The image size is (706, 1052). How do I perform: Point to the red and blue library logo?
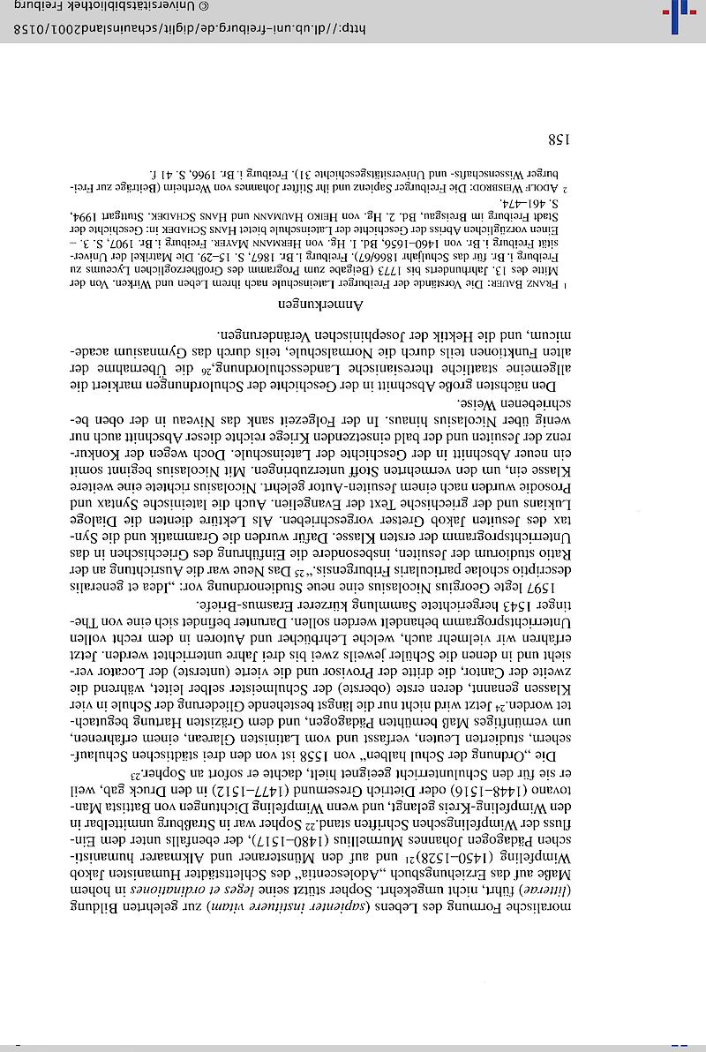(x=680, y=14)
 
